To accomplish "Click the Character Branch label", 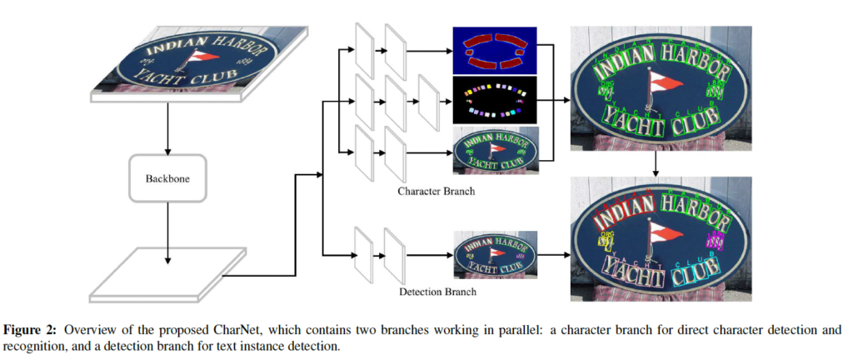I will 436,191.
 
